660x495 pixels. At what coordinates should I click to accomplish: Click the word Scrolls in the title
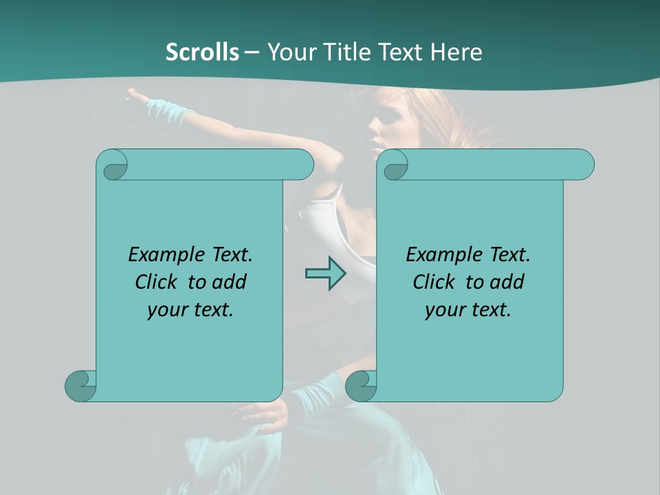(202, 52)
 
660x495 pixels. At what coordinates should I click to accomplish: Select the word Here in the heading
(456, 52)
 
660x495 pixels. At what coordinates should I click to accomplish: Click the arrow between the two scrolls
(325, 274)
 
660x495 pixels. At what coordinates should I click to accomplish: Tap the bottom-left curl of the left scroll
(80, 385)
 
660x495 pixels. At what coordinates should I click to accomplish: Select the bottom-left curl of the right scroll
(360, 386)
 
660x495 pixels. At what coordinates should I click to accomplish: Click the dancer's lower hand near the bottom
(265, 413)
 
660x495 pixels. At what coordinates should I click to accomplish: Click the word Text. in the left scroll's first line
(230, 254)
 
